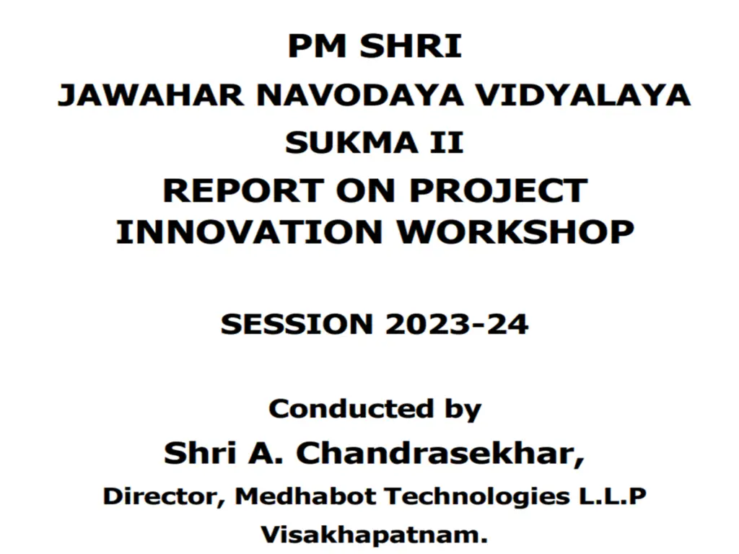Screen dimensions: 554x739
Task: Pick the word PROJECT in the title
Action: (498, 191)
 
